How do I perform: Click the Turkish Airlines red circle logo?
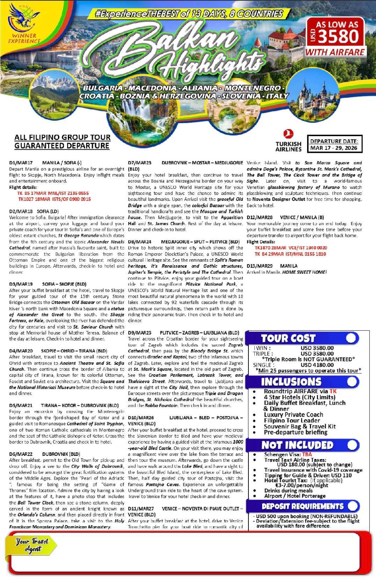point(288,134)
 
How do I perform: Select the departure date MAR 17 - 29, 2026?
point(334,148)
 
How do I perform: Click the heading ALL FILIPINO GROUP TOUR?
point(62,137)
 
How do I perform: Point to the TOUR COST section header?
point(288,338)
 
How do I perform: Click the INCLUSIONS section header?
point(291,382)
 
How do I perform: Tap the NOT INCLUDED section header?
point(297,445)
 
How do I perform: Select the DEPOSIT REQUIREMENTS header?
point(303,506)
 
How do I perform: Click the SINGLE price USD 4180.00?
point(317,365)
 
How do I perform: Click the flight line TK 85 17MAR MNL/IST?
point(53,193)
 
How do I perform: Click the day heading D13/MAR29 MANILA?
point(272,266)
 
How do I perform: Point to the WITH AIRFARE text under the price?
point(335,52)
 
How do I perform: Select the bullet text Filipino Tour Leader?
point(292,421)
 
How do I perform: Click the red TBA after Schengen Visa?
point(307,454)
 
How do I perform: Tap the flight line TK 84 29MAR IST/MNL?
point(290,254)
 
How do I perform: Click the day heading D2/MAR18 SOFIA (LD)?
point(34,211)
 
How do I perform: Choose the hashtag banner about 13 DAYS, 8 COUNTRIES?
point(189,14)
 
